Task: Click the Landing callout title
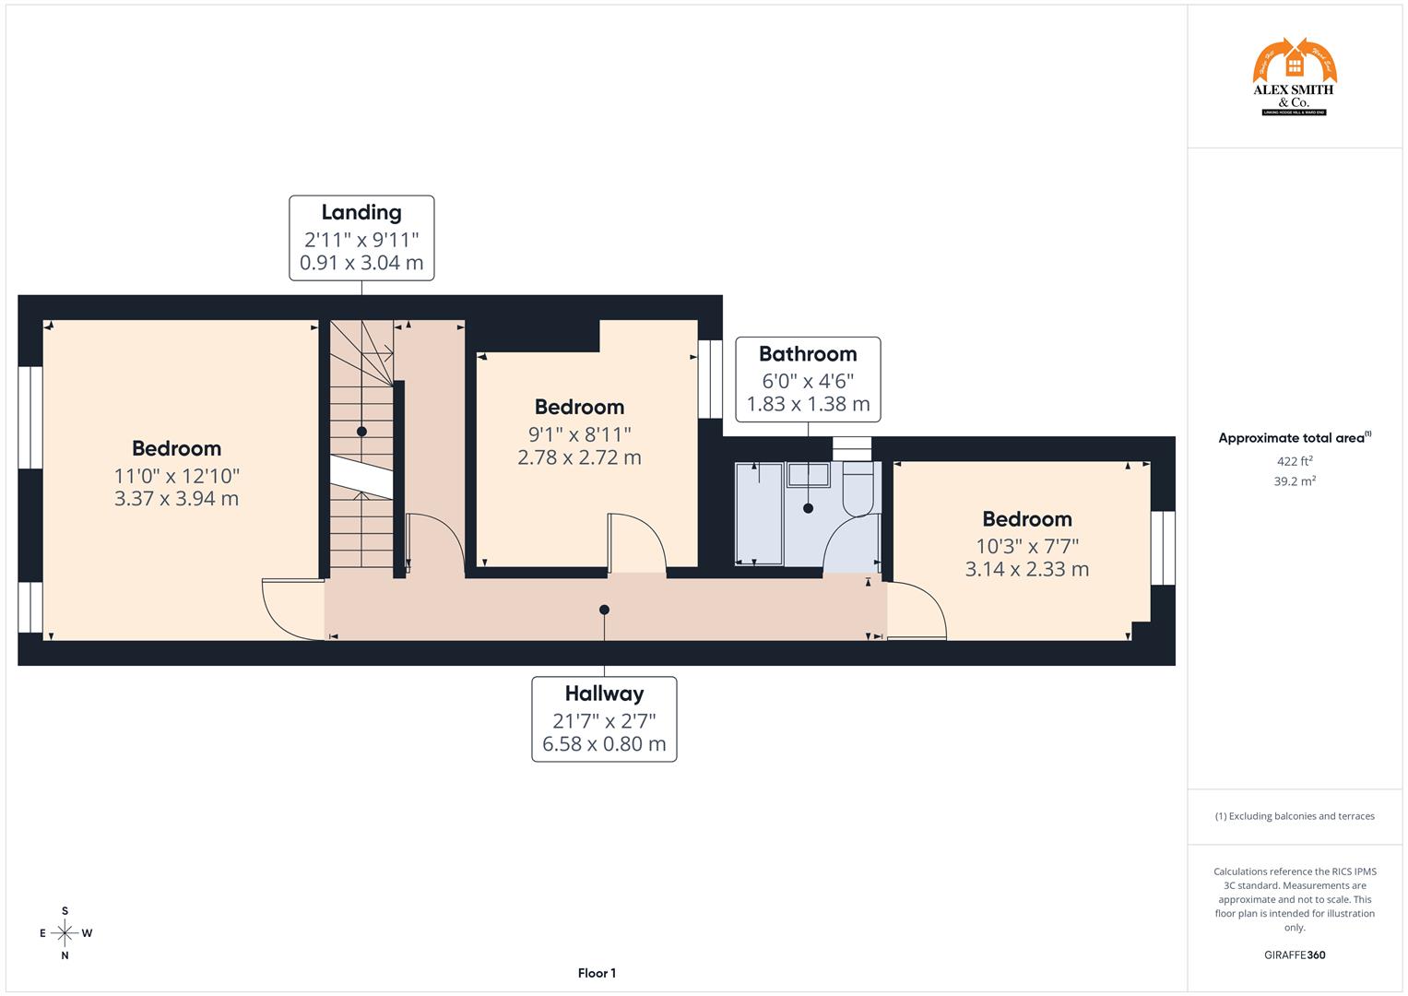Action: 361,212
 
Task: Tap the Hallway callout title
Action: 604,694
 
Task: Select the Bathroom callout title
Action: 808,354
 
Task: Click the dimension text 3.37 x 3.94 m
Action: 176,499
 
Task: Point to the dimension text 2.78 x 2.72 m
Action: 579,457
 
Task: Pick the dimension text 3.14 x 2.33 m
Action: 1026,569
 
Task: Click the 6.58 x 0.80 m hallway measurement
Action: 604,744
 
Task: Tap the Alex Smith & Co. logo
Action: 1294,77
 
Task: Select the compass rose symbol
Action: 65,933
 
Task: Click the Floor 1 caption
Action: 597,973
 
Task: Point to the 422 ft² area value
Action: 1294,461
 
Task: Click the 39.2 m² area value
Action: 1294,480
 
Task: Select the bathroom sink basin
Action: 808,475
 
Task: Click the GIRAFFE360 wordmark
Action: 1294,954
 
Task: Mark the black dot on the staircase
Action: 361,432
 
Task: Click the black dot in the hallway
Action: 604,610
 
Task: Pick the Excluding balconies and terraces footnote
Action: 1294,816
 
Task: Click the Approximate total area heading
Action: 1294,438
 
